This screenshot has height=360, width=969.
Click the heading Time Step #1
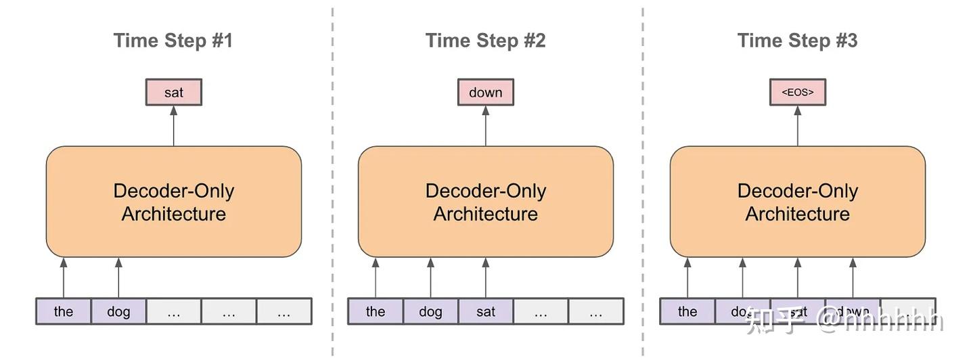[x=173, y=41]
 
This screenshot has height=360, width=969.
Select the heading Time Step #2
[x=485, y=41]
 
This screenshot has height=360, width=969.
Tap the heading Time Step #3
[x=797, y=41]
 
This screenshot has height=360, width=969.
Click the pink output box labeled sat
[x=174, y=93]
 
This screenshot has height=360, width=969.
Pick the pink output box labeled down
[x=486, y=93]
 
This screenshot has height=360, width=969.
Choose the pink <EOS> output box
[x=798, y=93]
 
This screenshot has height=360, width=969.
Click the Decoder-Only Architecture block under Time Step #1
[x=174, y=202]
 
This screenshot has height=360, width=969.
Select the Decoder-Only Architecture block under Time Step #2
[x=486, y=202]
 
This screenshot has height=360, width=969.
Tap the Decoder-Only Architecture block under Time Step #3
[x=798, y=202]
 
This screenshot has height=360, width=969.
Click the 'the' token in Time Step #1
[x=64, y=311]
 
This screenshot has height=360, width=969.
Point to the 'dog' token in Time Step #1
[x=118, y=311]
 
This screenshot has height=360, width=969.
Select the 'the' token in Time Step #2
[x=376, y=311]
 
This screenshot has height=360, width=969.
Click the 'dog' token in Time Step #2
[x=430, y=311]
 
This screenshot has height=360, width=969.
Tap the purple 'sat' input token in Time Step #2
[x=486, y=311]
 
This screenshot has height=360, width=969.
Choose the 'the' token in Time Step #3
[x=688, y=311]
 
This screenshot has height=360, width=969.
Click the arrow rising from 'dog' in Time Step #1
[x=118, y=277]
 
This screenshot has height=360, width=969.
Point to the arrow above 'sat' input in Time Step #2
[x=485, y=277]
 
